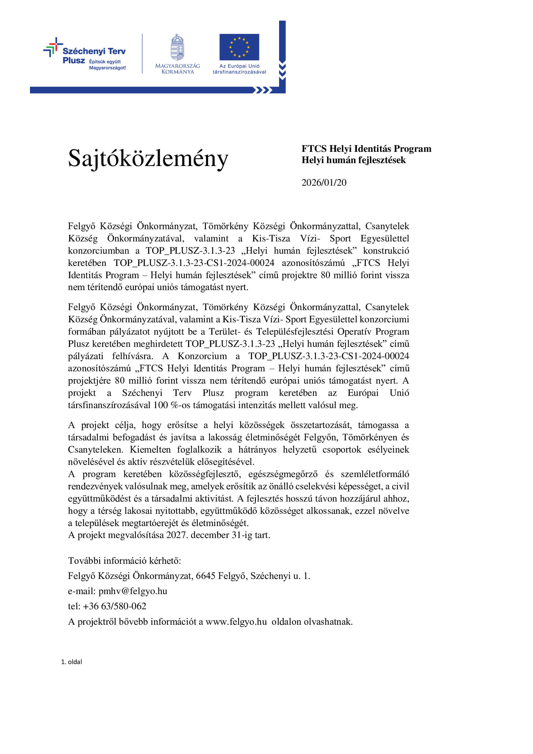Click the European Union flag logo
[x=239, y=47]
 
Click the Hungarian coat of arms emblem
[x=177, y=47]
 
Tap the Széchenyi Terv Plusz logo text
[x=94, y=51]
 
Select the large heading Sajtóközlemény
[x=148, y=158]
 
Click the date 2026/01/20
[x=324, y=182]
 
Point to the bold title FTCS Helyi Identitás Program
[x=366, y=149]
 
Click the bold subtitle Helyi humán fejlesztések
[x=354, y=160]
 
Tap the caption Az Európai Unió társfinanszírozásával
[x=239, y=69]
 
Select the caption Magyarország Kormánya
[x=177, y=69]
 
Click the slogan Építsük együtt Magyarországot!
[x=107, y=65]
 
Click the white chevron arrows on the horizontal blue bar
[x=263, y=90]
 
